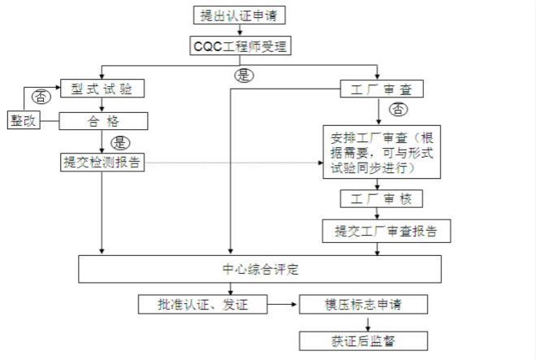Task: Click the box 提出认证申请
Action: pyautogui.click(x=241, y=15)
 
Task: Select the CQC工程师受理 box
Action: pyautogui.click(x=241, y=46)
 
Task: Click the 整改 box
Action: pyautogui.click(x=24, y=120)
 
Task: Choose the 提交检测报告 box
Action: pyautogui.click(x=102, y=162)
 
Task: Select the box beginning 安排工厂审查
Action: pyautogui.click(x=381, y=152)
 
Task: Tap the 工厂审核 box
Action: pyautogui.click(x=381, y=198)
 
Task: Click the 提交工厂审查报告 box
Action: pyautogui.click(x=387, y=231)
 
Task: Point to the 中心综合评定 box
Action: pyautogui.click(x=260, y=269)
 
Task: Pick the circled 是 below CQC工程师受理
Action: pyautogui.click(x=242, y=75)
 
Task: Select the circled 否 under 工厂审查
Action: pyautogui.click(x=398, y=109)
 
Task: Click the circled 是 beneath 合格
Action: pyautogui.click(x=119, y=142)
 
